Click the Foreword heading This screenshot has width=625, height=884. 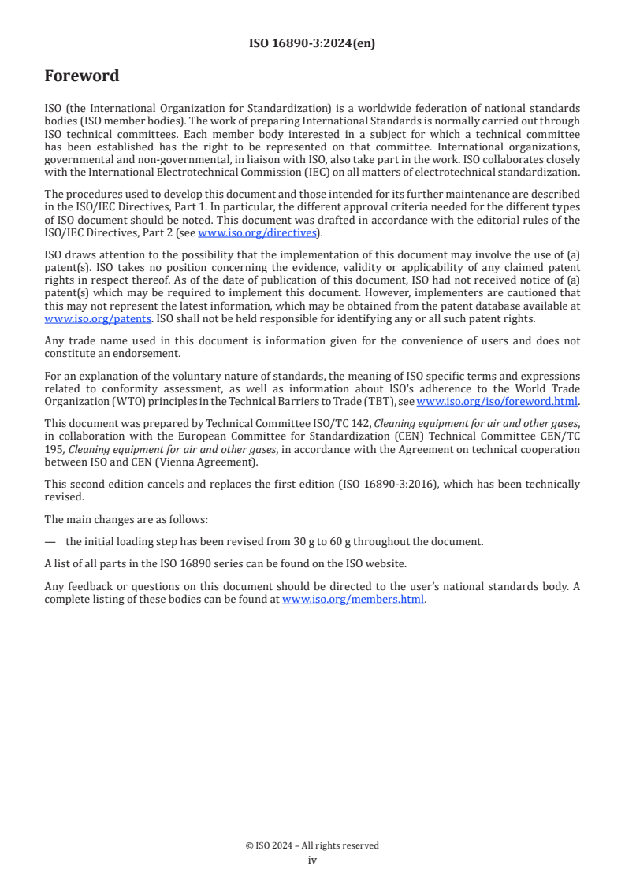pos(82,76)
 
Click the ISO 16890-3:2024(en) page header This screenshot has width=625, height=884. pos(312,43)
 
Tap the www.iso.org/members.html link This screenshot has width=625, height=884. pos(353,600)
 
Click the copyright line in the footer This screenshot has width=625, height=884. pos(312,845)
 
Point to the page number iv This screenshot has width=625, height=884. pos(312,860)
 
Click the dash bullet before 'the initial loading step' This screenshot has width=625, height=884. pos(50,541)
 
